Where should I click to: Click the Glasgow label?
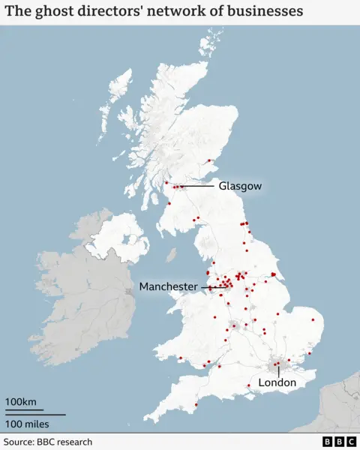coord(240,186)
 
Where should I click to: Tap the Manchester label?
coord(168,286)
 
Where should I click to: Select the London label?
coord(277,382)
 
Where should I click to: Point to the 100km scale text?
coord(21,403)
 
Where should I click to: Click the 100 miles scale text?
coord(28,424)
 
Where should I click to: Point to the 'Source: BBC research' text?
coord(48,442)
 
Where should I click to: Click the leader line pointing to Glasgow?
coord(198,186)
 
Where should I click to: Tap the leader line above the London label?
coord(279,370)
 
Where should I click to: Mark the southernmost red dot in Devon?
coord(196,405)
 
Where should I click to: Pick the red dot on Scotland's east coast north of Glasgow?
coord(210,160)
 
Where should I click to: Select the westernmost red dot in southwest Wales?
coord(180,358)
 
